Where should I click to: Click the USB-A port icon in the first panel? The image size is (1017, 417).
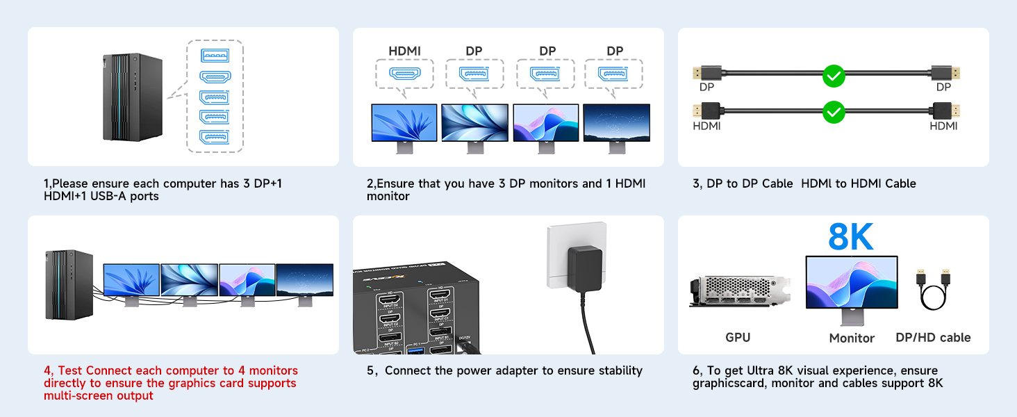click(215, 56)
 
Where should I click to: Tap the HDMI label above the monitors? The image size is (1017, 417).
click(404, 51)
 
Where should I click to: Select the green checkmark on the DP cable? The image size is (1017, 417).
click(833, 76)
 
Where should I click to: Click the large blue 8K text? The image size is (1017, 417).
click(850, 238)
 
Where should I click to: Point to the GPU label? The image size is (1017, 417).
click(737, 338)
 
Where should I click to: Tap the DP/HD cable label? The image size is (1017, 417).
click(933, 338)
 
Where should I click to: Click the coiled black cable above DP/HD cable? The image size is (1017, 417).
click(933, 292)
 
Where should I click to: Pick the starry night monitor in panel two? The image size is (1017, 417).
click(616, 123)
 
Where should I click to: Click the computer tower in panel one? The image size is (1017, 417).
click(132, 97)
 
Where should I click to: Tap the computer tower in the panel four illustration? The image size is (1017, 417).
click(69, 285)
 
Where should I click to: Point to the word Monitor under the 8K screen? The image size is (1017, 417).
click(852, 338)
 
